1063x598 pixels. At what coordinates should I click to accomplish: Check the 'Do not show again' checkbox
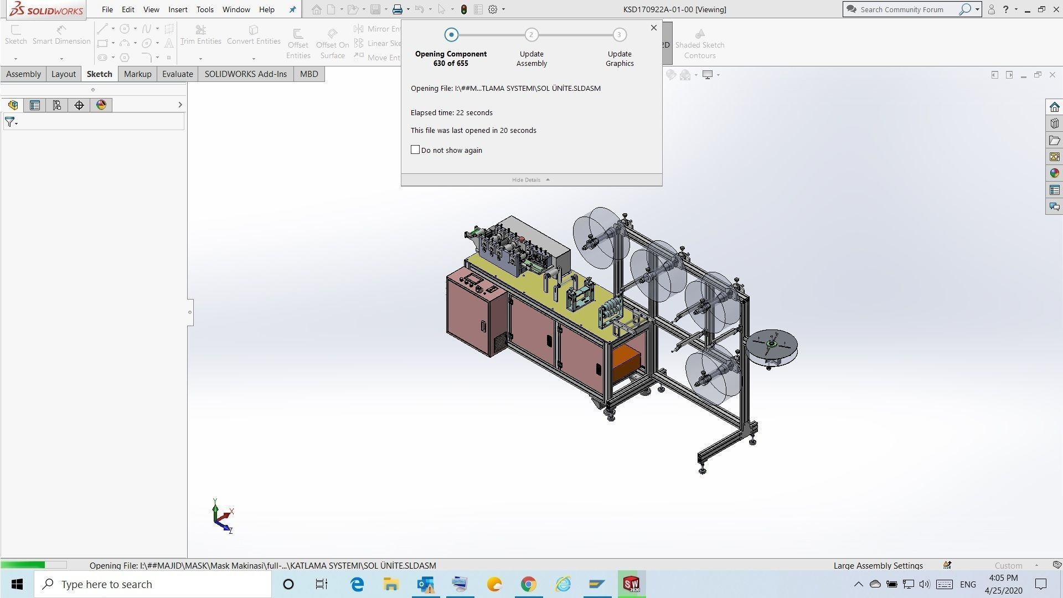coord(415,150)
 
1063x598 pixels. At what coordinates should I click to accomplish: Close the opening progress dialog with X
coord(654,28)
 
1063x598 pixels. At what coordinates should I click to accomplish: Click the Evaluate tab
coord(177,74)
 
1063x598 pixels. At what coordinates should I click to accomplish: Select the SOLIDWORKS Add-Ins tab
coord(245,74)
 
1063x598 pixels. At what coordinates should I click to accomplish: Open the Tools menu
coord(204,9)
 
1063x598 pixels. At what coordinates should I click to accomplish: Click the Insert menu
coord(178,9)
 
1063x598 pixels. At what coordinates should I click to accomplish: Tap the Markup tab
coord(137,74)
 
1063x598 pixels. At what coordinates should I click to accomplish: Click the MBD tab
coord(309,74)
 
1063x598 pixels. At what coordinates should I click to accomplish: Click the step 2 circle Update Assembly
coord(531,35)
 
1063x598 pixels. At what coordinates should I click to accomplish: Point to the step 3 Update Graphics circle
coord(620,35)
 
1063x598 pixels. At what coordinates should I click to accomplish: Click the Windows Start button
coord(17,584)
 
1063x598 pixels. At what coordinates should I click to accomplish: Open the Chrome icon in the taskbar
coord(528,584)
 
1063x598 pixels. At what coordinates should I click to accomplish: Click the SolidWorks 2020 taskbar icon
coord(631,584)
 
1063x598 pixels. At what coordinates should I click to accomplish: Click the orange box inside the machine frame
coord(626,362)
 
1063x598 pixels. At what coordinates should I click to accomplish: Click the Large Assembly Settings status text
coord(878,565)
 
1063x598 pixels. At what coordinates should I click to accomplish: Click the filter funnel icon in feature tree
coord(10,122)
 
